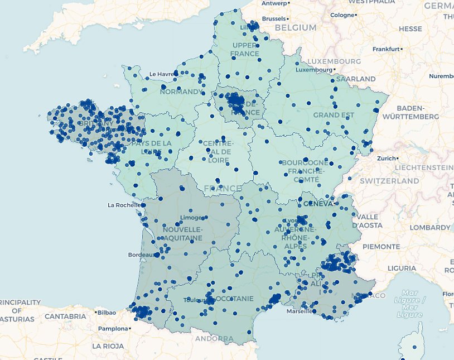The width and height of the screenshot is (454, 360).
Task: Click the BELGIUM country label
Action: [295, 27]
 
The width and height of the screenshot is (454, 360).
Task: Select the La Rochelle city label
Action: [123, 205]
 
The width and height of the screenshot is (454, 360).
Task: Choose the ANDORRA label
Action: [214, 339]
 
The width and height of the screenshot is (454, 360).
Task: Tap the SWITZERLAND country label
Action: [389, 181]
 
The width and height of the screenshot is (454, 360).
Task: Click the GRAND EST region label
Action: [334, 115]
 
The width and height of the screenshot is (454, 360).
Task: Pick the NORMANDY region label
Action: [181, 92]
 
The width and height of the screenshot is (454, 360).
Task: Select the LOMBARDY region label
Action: [429, 228]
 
